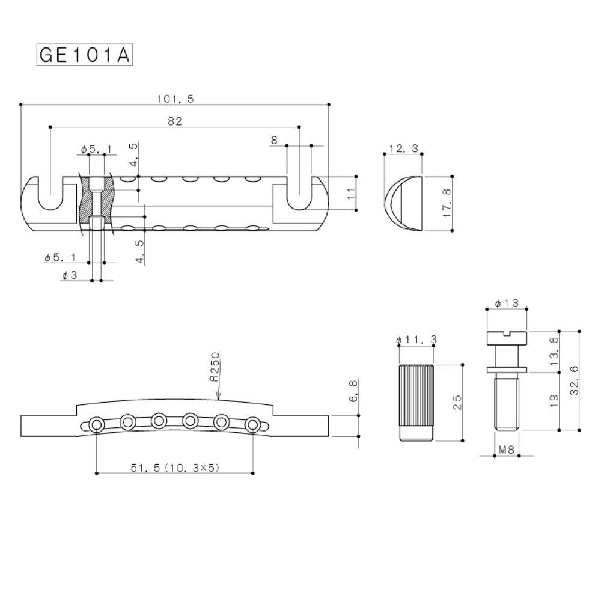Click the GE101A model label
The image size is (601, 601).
(85, 55)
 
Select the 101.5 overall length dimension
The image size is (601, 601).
(175, 99)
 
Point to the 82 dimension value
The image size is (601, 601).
(175, 121)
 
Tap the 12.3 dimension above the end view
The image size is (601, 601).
(403, 148)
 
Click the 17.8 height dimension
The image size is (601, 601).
(447, 204)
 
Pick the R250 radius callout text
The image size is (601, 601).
(215, 367)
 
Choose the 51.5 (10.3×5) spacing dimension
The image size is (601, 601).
(175, 468)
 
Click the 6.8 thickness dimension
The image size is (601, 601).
(353, 391)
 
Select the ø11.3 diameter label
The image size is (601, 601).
(416, 340)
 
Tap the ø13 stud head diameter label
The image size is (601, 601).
(506, 303)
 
